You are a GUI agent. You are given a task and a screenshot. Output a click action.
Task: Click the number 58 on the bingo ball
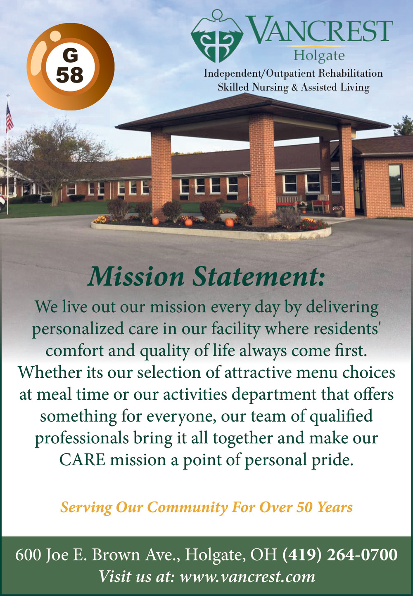pyautogui.click(x=69, y=75)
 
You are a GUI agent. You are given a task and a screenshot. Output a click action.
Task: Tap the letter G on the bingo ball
pyautogui.click(x=70, y=56)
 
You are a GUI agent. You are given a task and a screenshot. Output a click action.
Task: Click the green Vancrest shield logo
pyautogui.click(x=217, y=36)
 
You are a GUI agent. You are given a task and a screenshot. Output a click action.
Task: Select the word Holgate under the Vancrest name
pyautogui.click(x=319, y=56)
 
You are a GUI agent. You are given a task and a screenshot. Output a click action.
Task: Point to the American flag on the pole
pyautogui.click(x=9, y=118)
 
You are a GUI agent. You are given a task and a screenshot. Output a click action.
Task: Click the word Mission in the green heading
pyautogui.click(x=136, y=277)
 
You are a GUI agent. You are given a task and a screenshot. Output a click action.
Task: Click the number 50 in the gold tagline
pyautogui.click(x=304, y=507)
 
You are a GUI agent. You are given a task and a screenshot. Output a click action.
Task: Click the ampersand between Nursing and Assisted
pyautogui.click(x=294, y=87)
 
